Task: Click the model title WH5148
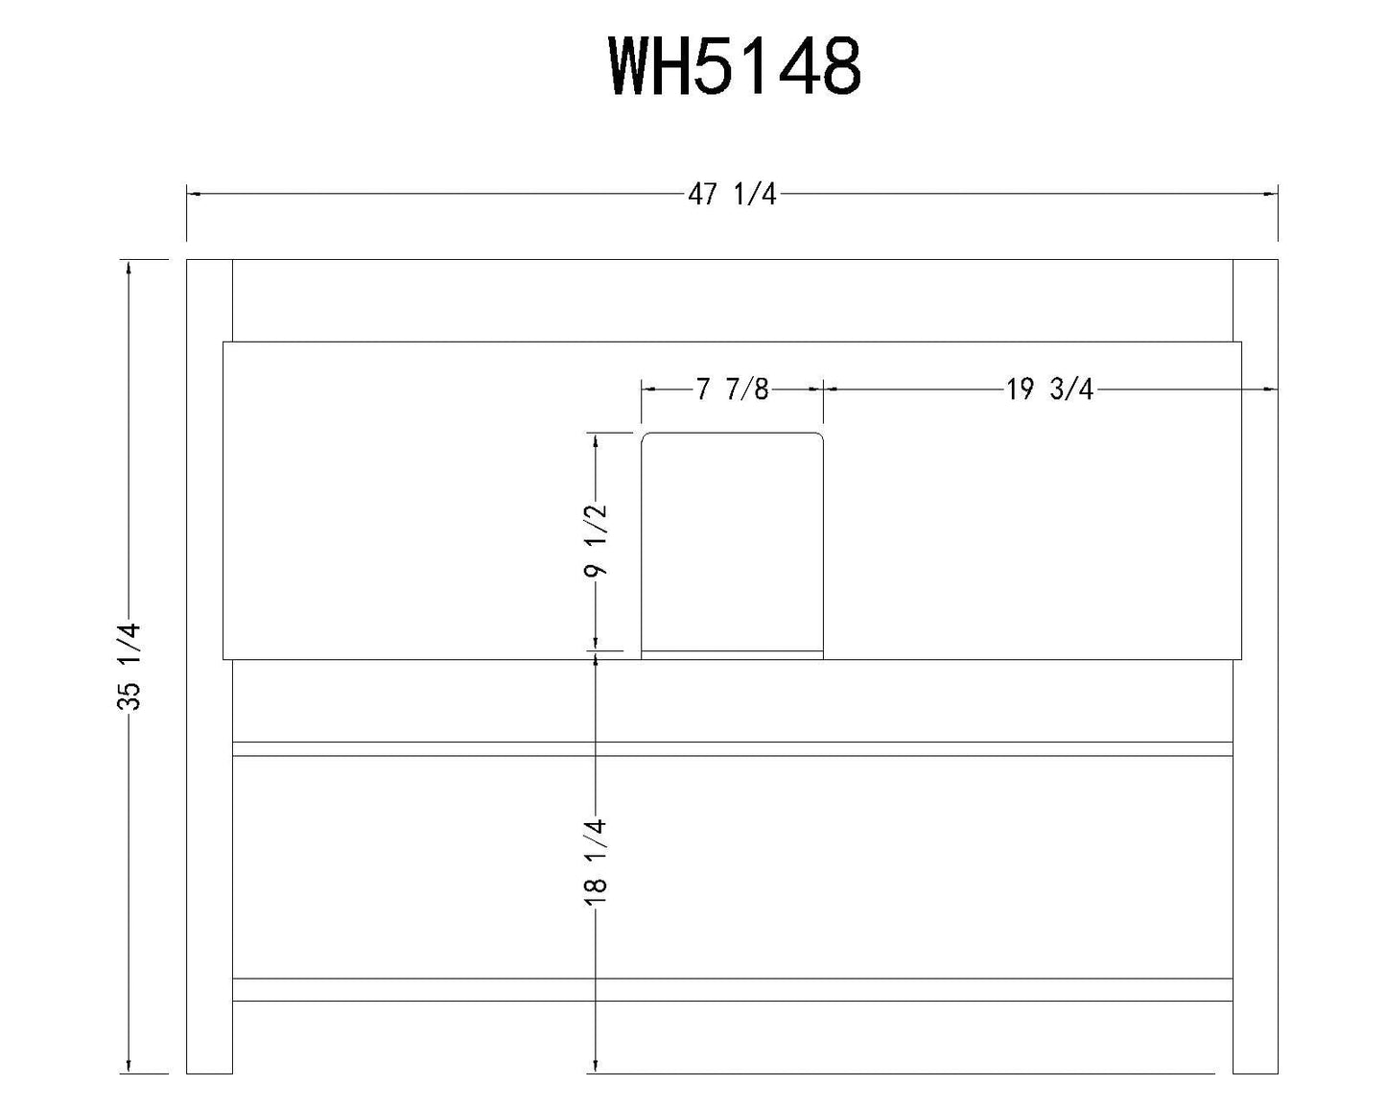coord(735,67)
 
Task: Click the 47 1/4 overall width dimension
coord(732,195)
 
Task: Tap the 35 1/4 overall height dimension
coord(129,666)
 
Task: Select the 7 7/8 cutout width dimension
coord(732,389)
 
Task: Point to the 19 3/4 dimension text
coord(1049,389)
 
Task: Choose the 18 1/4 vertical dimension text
coord(596,857)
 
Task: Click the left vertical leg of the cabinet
coord(209,666)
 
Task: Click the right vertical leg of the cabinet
coord(1255,666)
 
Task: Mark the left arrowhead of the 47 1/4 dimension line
coord(193,195)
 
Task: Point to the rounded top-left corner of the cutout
coord(646,437)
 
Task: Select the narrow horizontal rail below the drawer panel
coord(732,749)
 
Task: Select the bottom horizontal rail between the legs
coord(732,989)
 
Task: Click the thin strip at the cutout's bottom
coord(732,655)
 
